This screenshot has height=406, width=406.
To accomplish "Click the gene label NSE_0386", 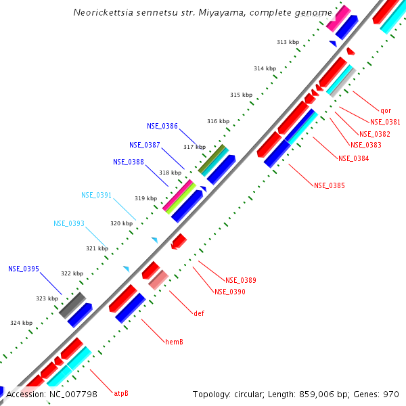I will [x=162, y=126].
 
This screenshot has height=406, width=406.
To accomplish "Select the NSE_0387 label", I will [x=145, y=145].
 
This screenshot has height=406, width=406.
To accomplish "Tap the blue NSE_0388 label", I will [x=129, y=162].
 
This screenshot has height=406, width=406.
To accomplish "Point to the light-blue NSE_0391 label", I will [x=97, y=195].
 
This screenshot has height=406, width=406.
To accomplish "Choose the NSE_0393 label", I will [x=69, y=223].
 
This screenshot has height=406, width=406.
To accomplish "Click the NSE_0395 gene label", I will [x=24, y=269].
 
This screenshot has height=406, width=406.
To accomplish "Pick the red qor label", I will [x=386, y=110].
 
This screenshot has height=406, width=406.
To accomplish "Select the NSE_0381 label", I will [x=385, y=122].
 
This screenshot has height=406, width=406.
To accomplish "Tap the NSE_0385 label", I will [x=330, y=185].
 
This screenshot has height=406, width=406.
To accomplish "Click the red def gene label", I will [x=199, y=313].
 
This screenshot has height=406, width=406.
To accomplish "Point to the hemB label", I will [x=175, y=342].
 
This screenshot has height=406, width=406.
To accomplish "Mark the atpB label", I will [x=121, y=393].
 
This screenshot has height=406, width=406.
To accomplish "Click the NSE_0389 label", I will [x=241, y=280].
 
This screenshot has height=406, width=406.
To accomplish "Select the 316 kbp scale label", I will [x=218, y=121].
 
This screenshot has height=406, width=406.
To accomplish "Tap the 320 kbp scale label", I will [x=122, y=223].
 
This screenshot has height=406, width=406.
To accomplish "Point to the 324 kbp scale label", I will [x=21, y=323].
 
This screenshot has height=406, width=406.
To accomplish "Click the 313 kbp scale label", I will [x=288, y=42].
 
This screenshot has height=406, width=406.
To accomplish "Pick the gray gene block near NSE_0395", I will [x=72, y=305].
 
